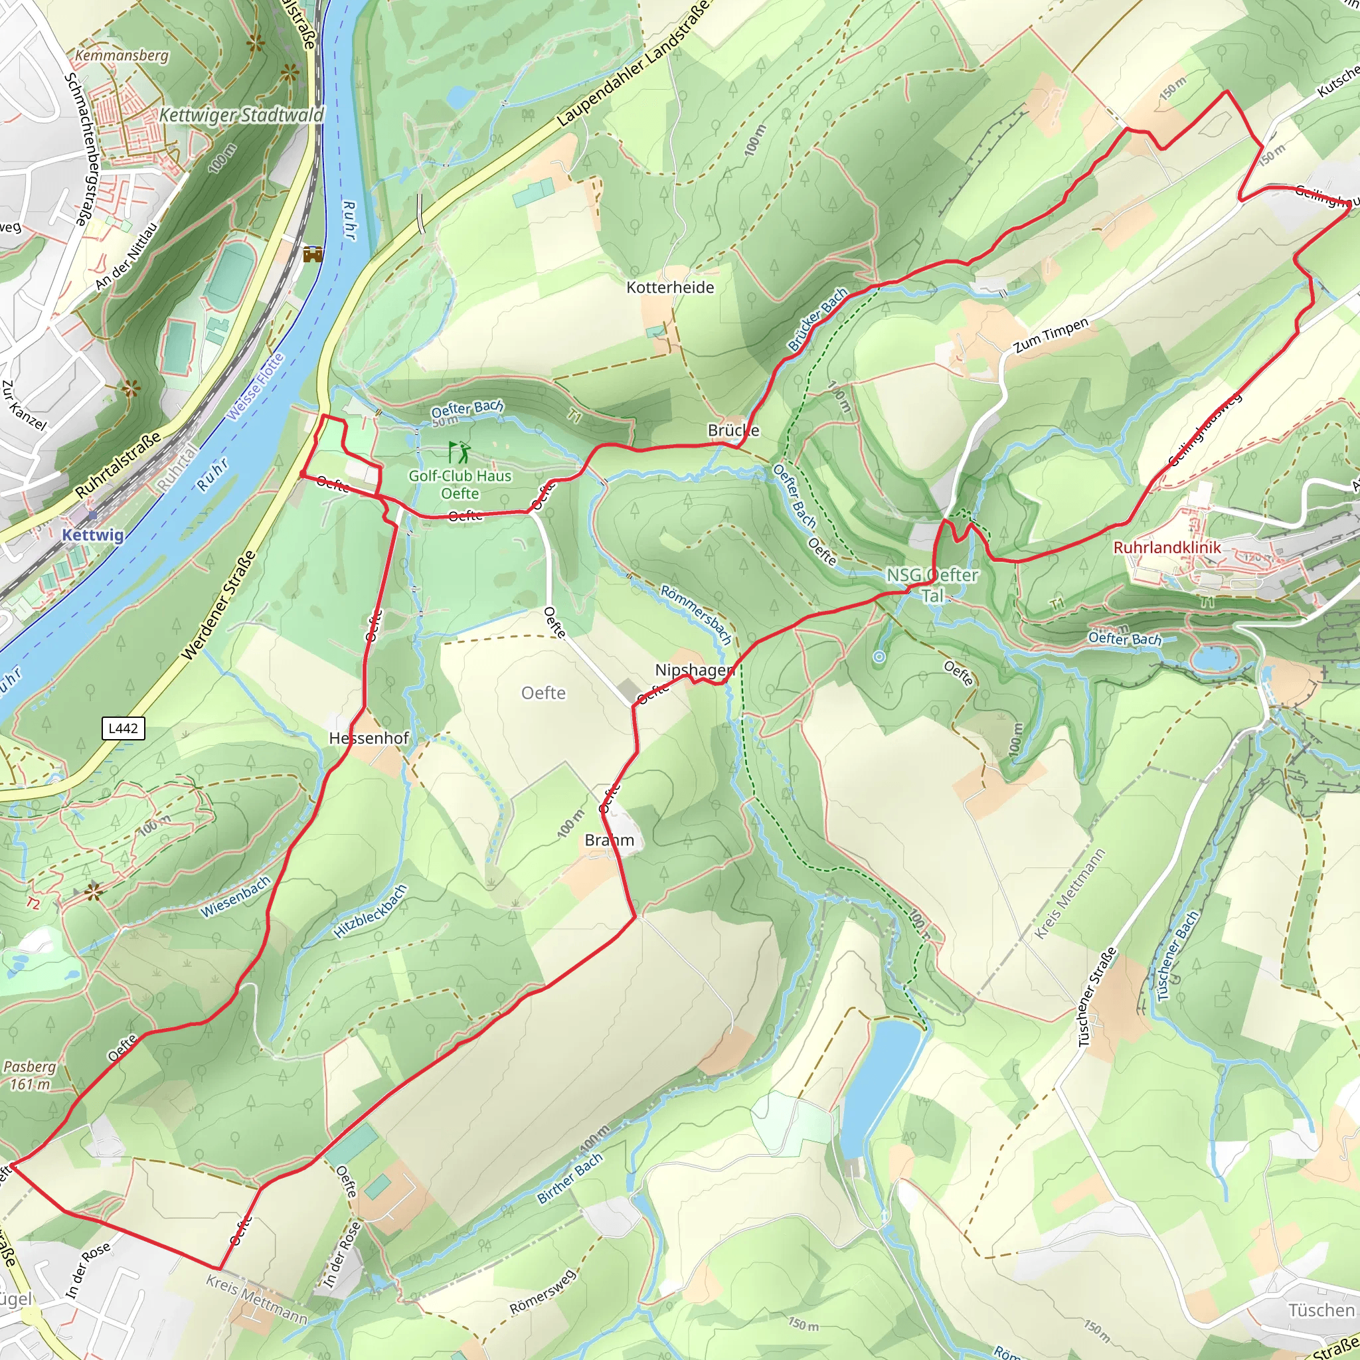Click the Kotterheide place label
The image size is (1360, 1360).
point(670,287)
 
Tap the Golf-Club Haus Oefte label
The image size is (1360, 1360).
point(460,484)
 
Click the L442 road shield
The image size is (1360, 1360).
point(124,728)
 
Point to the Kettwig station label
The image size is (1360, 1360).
point(92,535)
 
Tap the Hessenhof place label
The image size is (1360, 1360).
point(369,738)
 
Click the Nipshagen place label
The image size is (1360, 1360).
point(695,670)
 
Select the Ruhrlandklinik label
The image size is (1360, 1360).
point(1167,547)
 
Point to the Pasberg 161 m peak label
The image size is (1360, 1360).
point(30,1076)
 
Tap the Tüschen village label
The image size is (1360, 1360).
point(1321,1310)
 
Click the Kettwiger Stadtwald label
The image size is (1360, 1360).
point(242,115)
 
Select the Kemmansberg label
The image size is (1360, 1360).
point(122,55)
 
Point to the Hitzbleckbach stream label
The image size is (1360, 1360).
point(371,912)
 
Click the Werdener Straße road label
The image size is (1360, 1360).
point(218,606)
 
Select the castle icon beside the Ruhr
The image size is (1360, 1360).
point(313,254)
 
